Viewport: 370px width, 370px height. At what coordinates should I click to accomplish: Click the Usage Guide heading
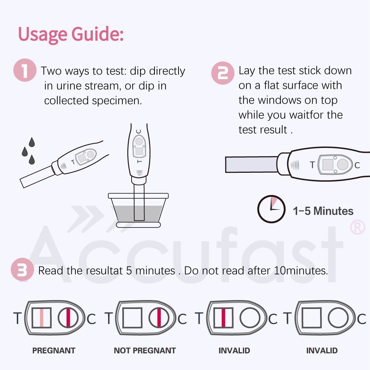click(71, 34)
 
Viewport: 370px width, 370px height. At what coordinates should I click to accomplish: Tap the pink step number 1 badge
click(25, 71)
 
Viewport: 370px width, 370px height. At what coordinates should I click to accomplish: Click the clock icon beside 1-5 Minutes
click(271, 209)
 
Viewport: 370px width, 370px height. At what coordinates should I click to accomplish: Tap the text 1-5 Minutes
click(323, 211)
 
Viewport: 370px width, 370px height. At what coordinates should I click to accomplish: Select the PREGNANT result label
click(54, 350)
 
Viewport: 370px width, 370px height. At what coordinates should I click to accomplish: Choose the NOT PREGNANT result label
click(145, 350)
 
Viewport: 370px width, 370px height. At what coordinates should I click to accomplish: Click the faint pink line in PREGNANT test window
click(41, 317)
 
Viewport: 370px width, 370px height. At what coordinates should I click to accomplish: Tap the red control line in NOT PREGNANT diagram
click(159, 317)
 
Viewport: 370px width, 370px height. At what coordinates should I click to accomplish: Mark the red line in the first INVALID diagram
click(223, 317)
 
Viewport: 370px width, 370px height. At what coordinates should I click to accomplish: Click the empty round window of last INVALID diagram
click(338, 317)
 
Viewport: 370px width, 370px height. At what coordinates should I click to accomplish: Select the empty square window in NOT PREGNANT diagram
click(132, 317)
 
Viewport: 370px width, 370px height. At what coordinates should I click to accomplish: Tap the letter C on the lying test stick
click(357, 165)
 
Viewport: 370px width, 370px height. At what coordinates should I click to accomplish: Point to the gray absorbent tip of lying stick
click(251, 164)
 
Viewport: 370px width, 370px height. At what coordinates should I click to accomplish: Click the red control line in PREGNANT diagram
click(68, 317)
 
